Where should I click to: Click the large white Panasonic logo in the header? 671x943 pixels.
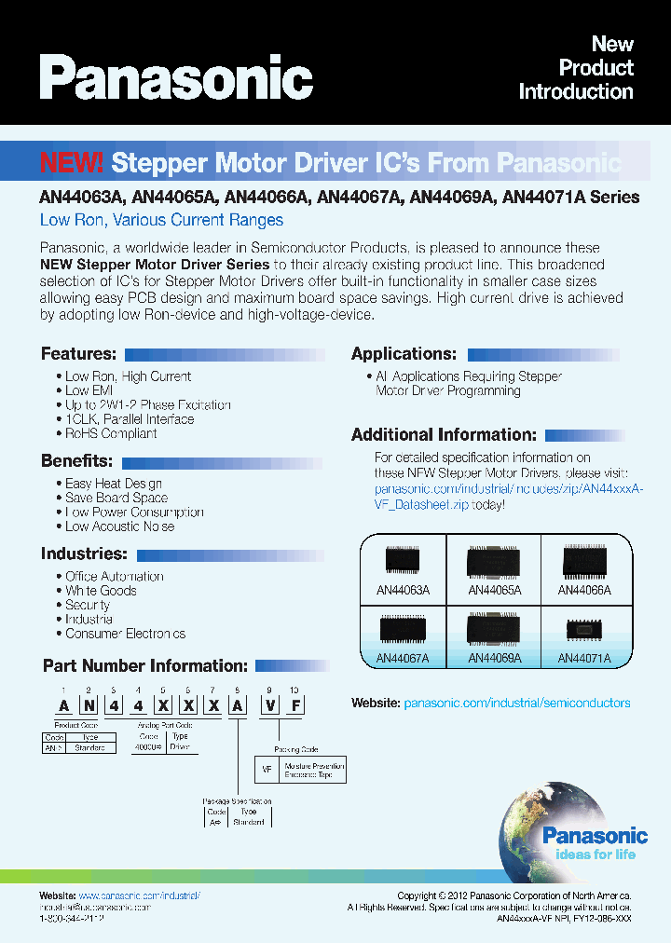(x=176, y=78)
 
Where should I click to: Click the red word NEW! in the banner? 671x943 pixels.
(x=72, y=163)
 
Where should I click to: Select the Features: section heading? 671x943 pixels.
(x=78, y=354)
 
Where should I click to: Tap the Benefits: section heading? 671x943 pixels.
(x=76, y=461)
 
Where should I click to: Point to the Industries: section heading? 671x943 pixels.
(x=83, y=553)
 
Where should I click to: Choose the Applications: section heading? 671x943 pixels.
(x=404, y=354)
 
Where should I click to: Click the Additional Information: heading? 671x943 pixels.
(x=444, y=434)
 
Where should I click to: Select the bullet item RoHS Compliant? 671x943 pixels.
(x=111, y=433)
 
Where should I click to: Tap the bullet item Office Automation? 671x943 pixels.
(x=114, y=577)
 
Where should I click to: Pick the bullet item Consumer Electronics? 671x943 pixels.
(x=125, y=634)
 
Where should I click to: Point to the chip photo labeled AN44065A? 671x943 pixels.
(x=495, y=561)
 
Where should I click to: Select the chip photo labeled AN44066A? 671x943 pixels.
(x=584, y=561)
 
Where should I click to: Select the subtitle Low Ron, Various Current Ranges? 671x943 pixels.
(x=161, y=220)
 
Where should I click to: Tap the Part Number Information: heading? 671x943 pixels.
(x=145, y=666)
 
